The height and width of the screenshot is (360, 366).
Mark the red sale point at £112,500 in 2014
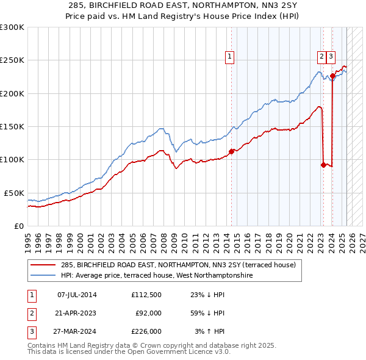point(232,151)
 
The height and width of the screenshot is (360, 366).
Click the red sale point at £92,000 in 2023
point(323,165)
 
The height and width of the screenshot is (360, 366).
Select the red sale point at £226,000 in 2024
point(332,76)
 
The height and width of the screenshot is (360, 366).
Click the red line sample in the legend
point(44,265)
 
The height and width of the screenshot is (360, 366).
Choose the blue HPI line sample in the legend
point(44,276)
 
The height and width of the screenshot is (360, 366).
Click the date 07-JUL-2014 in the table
point(77,295)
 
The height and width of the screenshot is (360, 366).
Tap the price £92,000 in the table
point(148,313)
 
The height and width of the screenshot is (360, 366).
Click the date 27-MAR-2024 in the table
point(77,331)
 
